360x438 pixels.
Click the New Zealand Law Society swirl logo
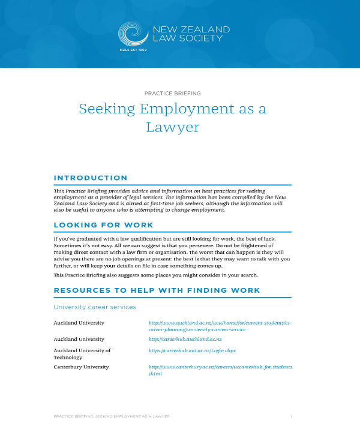[133, 34]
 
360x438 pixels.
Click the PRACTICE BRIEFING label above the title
[173, 93]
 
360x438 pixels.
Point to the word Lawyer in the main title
[173, 127]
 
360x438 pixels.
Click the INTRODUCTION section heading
[91, 178]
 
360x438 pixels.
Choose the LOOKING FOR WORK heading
[103, 225]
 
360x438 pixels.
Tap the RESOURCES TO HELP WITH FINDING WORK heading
[157, 290]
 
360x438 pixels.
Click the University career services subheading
[95, 307]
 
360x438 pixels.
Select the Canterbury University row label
[81, 367]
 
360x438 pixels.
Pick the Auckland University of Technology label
[82, 353]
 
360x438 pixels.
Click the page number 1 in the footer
[290, 416]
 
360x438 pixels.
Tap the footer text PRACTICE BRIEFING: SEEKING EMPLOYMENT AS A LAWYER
[111, 416]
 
